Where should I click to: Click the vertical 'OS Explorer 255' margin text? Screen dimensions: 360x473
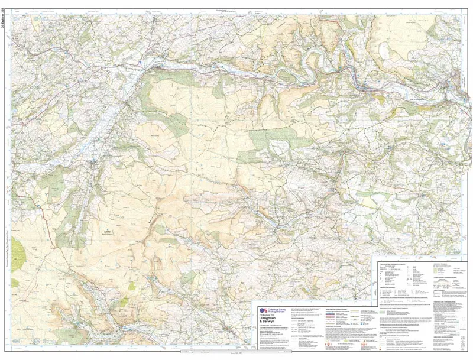click(x=5, y=24)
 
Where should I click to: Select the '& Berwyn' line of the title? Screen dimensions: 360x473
click(x=270, y=326)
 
